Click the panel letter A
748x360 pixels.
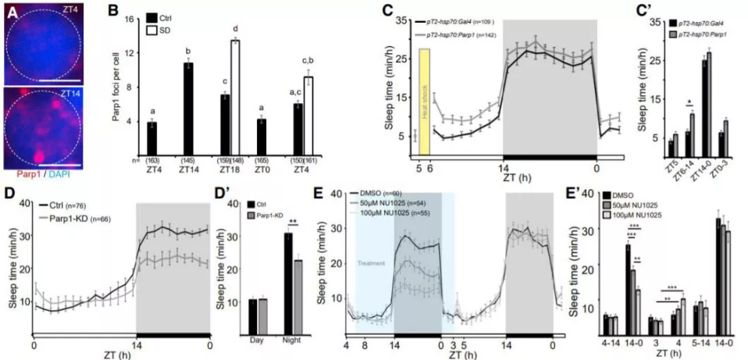pos(9,10)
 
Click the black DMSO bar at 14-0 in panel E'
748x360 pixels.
pos(627,281)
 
